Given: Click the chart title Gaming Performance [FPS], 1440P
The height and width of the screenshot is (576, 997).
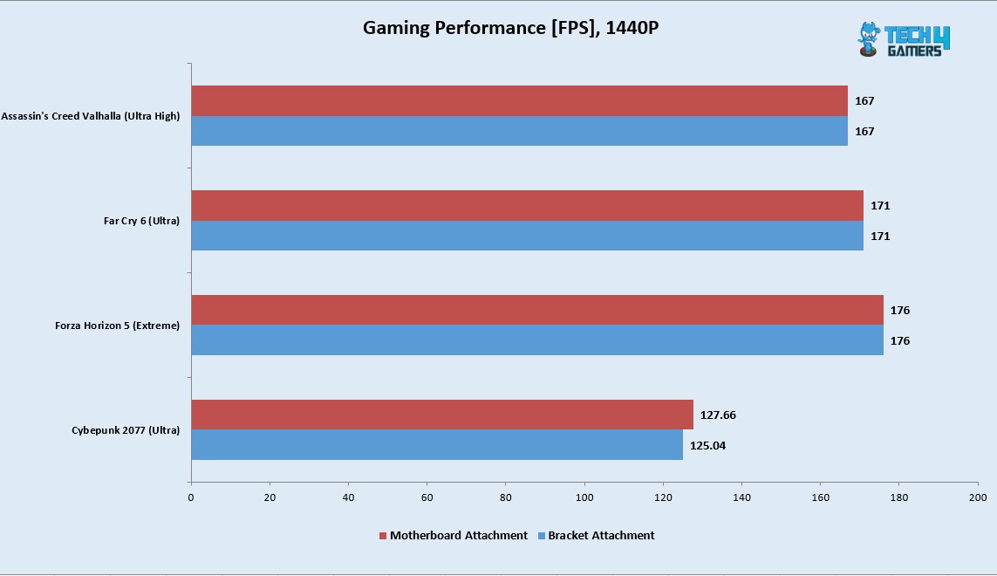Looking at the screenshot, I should [x=510, y=28].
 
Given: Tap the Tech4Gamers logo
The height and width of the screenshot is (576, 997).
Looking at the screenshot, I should [x=903, y=40].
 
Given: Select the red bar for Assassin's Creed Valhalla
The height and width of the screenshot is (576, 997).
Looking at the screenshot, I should [x=519, y=100].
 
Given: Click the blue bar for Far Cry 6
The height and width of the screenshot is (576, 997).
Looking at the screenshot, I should [x=527, y=236].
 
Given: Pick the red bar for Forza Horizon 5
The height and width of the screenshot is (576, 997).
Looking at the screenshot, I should [x=536, y=310].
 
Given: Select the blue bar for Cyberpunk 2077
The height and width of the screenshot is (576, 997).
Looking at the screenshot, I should [x=436, y=445].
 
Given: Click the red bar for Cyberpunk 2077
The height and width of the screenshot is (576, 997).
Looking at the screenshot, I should [x=441, y=415].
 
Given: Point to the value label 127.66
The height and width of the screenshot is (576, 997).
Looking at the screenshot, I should [x=718, y=415].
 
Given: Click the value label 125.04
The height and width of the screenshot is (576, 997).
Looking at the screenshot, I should [x=707, y=446].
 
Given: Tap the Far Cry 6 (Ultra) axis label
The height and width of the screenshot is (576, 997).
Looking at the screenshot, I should [x=141, y=221].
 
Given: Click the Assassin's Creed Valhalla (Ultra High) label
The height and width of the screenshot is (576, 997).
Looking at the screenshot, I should [x=91, y=116].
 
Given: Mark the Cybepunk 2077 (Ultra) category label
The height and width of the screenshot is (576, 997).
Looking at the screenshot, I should [x=126, y=430].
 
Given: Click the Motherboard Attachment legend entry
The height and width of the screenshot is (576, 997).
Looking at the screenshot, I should [x=453, y=535].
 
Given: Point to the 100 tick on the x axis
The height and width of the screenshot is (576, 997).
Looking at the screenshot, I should [x=584, y=497].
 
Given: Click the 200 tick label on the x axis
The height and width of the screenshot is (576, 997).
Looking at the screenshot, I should [x=978, y=497].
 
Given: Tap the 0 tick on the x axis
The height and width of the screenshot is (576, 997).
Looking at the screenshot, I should [x=191, y=497].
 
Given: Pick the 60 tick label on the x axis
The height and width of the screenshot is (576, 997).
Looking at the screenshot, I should [x=427, y=497].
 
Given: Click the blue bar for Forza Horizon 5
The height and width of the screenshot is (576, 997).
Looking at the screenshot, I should [x=536, y=340].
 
